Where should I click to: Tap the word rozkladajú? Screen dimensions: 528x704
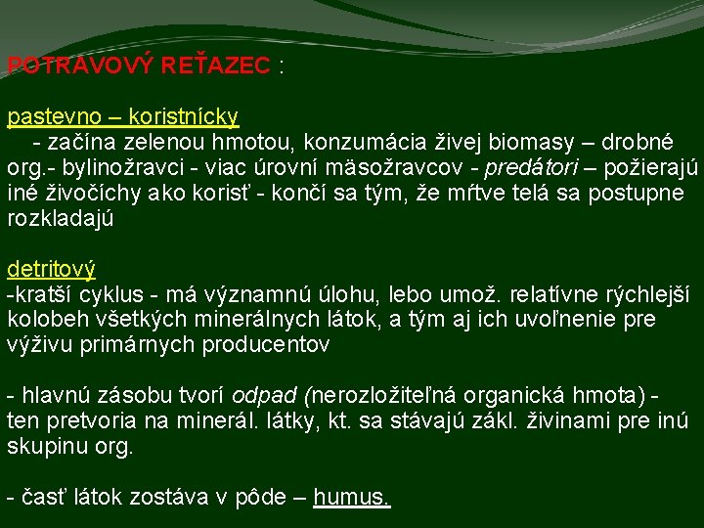61,218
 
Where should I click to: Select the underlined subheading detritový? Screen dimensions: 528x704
51,268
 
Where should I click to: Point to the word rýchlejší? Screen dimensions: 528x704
636,293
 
